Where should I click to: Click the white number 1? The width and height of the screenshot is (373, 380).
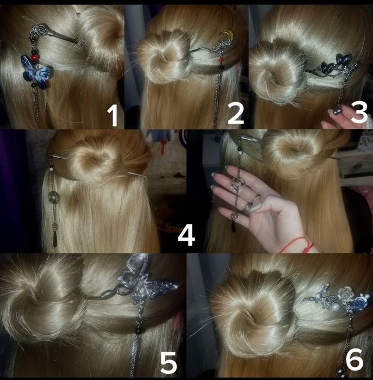point(113,116)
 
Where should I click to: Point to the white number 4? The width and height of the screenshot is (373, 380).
point(186,235)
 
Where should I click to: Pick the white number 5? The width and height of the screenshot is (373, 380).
point(169,362)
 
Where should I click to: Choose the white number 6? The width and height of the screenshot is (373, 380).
point(355,360)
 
